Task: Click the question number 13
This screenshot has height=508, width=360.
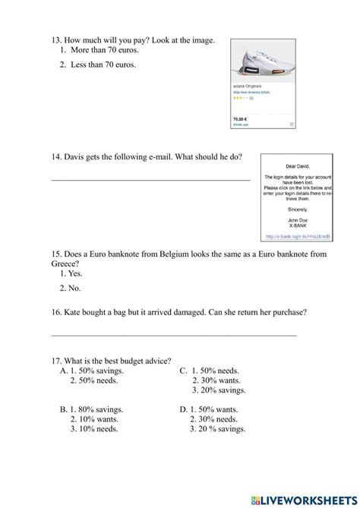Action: pos(55,40)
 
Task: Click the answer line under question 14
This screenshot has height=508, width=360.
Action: pos(150,180)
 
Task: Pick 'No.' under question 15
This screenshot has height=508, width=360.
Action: pos(73,288)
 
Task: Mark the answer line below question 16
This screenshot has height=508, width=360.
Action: pos(173,335)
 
